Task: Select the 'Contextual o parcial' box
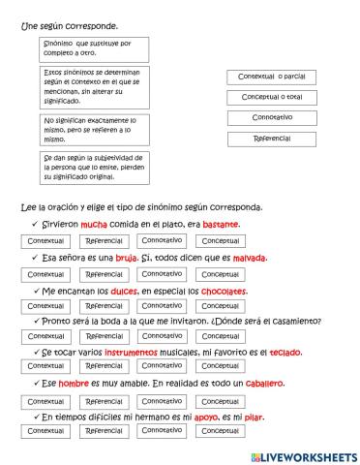coord(272,77)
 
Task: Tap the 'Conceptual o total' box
coord(272,97)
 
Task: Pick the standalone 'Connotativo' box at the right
coord(272,117)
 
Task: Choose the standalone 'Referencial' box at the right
coord(272,139)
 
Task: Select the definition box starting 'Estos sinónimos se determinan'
coord(92,87)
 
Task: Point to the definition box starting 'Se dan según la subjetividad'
coord(92,168)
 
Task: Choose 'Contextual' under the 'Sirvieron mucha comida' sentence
coord(45,240)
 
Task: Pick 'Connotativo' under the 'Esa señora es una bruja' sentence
coord(160,273)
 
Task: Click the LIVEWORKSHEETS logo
coord(302,455)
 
